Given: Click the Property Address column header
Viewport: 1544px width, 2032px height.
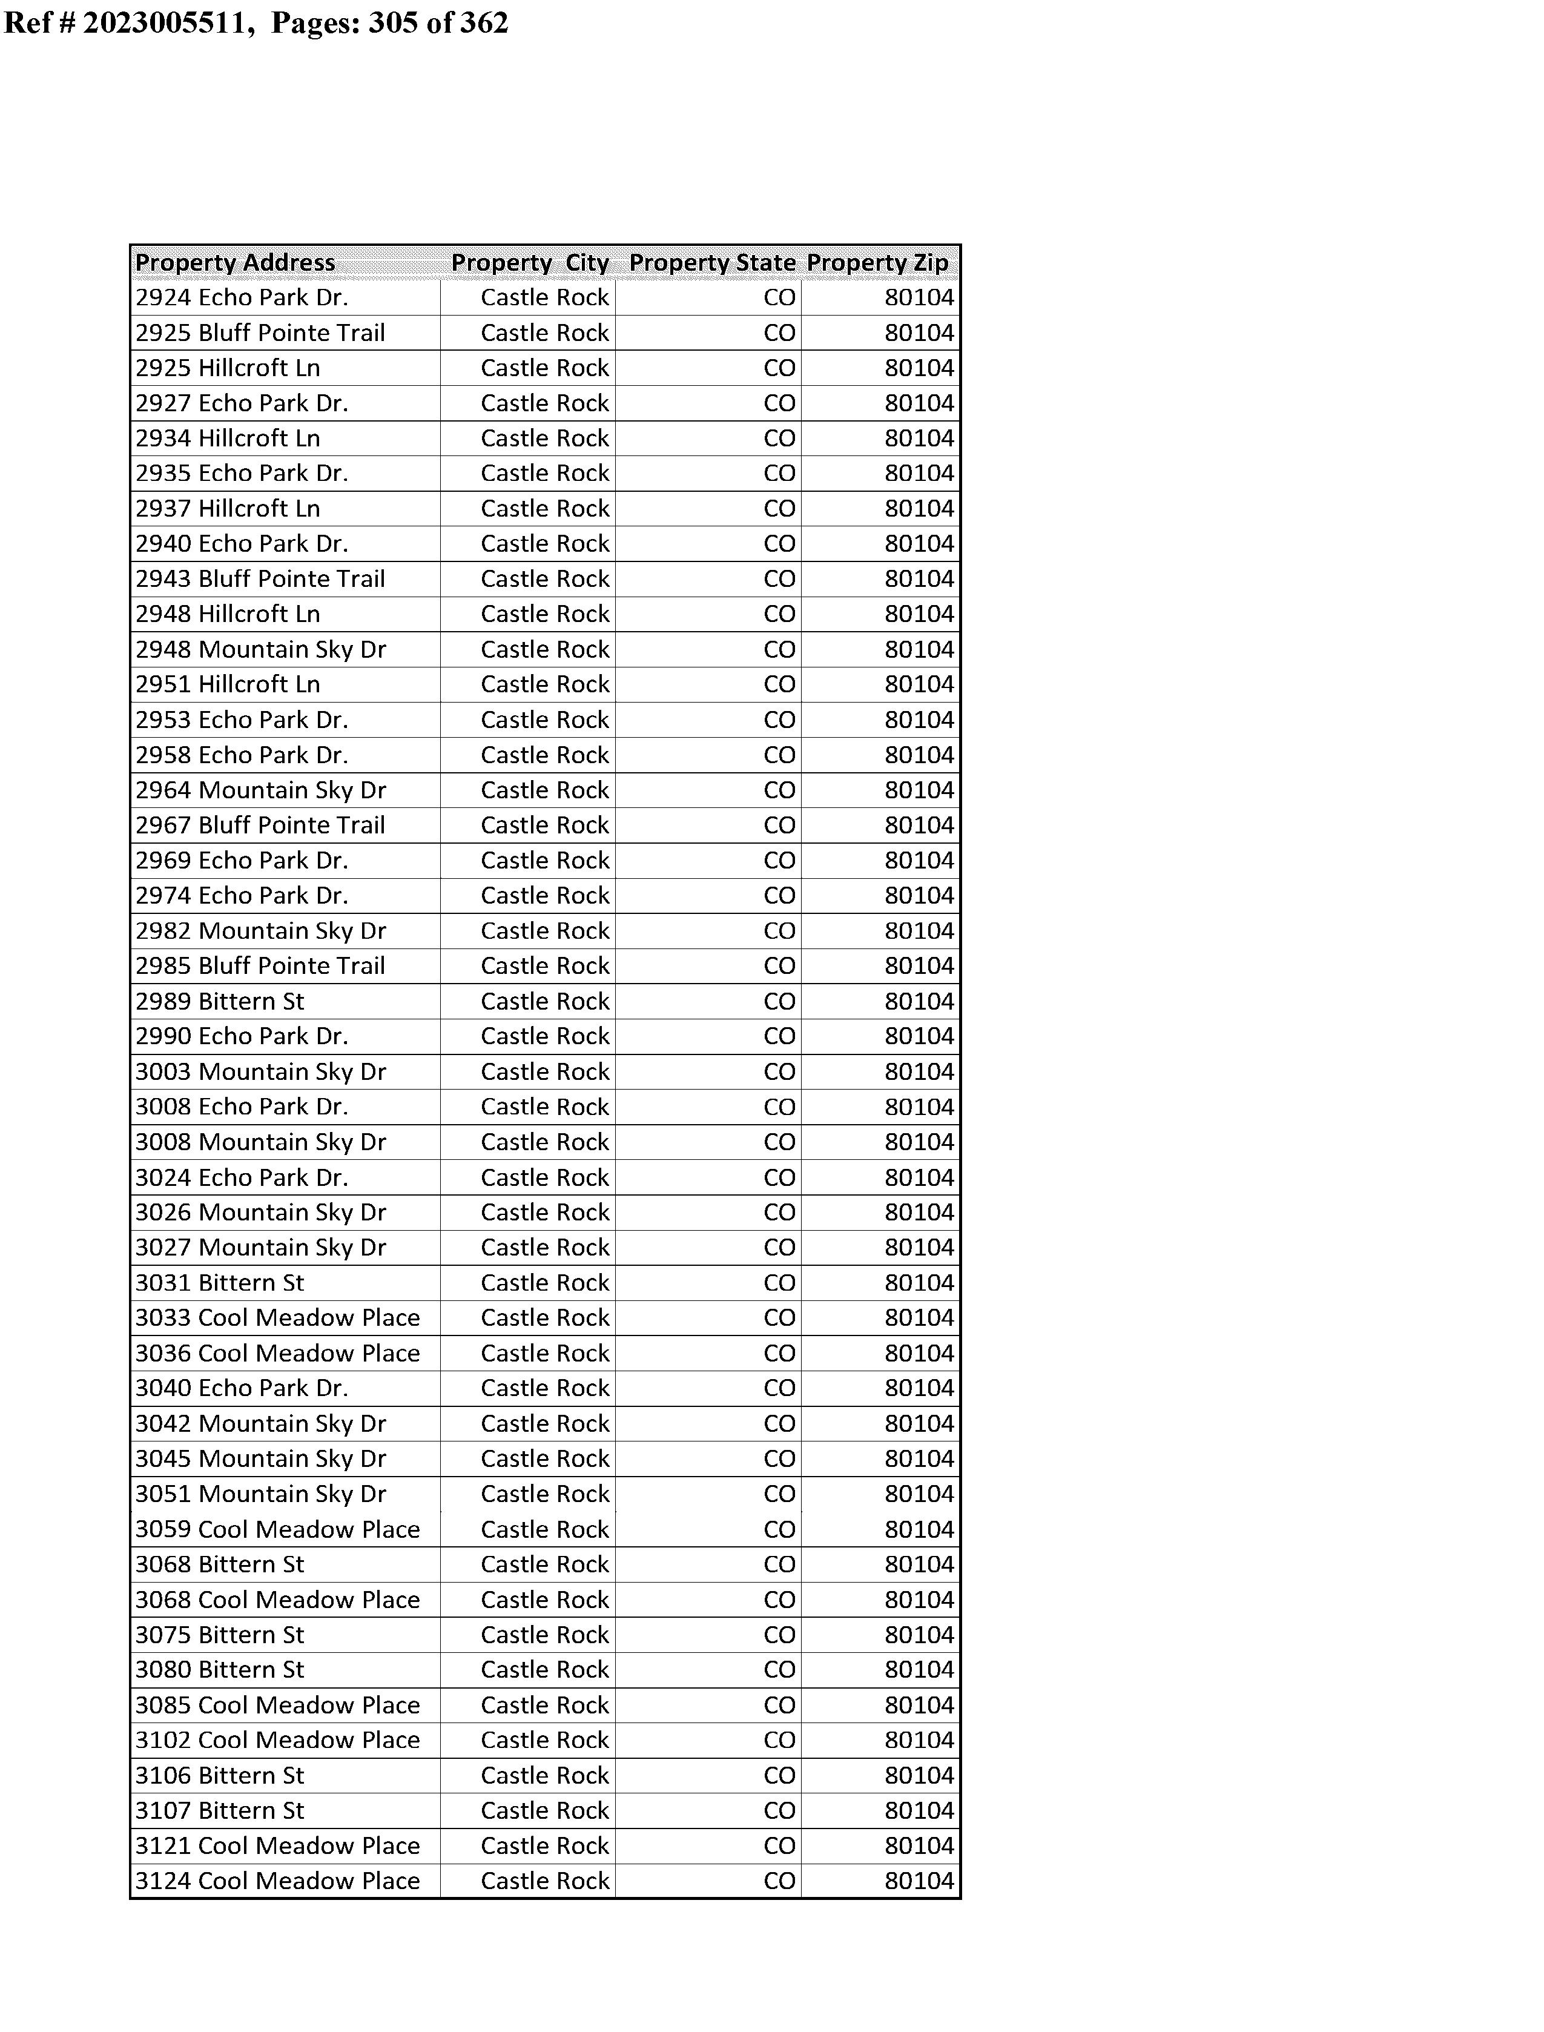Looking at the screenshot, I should click(236, 263).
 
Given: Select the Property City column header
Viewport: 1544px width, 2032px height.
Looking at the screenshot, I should click(529, 263).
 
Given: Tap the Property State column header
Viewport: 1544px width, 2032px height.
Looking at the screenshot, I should click(712, 263).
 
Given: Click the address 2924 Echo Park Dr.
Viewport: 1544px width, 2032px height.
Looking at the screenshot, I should click(242, 298).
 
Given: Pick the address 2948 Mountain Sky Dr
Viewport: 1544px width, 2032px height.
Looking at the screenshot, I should click(261, 650).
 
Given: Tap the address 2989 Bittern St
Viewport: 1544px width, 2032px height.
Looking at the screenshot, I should click(220, 1002).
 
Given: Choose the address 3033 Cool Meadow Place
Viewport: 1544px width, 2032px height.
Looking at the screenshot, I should click(277, 1318).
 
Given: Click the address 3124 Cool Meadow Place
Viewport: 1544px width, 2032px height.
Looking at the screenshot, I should click(277, 1881).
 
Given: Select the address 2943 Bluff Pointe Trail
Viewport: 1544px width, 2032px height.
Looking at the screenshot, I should click(260, 579).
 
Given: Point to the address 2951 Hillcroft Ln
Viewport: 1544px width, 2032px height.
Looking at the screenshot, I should click(228, 684).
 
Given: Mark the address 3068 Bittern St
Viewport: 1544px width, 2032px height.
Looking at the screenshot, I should click(220, 1564).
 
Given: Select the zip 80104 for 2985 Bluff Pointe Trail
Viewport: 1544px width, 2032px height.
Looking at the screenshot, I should click(919, 966).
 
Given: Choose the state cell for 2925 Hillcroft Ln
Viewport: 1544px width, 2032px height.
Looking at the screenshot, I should click(779, 368).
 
